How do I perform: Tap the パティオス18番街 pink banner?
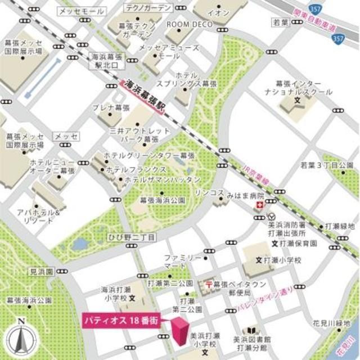coord(119,318)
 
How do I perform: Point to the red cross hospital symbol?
coord(259,207)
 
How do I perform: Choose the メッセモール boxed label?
coord(82,11)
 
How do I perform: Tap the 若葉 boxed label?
coord(280,22)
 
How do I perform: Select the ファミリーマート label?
coord(182,260)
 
